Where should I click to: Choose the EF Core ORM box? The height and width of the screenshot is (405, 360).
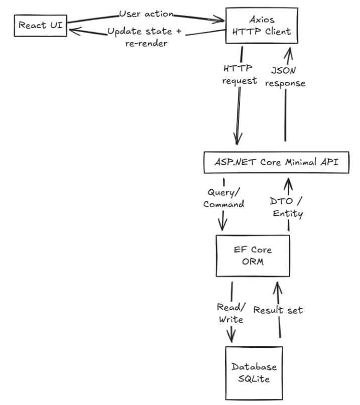pos(253,255)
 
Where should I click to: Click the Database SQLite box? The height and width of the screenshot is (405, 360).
pos(254,372)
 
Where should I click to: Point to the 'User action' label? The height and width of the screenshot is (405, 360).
pos(146,14)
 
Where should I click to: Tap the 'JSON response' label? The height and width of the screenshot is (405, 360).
pos(285,77)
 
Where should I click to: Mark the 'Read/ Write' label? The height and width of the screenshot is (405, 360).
pos(230,313)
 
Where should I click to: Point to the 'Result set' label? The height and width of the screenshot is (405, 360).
pos(278,310)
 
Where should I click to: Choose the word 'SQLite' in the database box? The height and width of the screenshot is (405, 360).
pos(254,378)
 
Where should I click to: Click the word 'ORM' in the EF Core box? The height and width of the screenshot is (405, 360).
pos(253,261)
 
